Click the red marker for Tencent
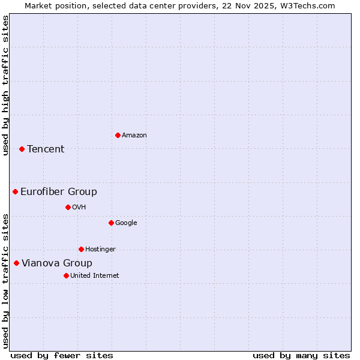[22, 149]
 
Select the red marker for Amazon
[118, 135]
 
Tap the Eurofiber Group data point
[15, 191]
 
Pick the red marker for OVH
[68, 207]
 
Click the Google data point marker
[111, 223]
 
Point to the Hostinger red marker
[81, 249]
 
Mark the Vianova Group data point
[16, 263]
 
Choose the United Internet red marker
[66, 275]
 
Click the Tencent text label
[46, 149]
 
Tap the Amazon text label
[134, 136]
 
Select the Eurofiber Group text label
[59, 192]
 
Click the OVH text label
[79, 208]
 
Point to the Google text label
[126, 223]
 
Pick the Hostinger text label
[100, 250]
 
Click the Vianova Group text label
[57, 263]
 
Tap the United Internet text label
[95, 276]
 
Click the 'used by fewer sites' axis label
[62, 356]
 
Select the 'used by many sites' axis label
[301, 356]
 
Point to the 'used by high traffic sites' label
[5, 85]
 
